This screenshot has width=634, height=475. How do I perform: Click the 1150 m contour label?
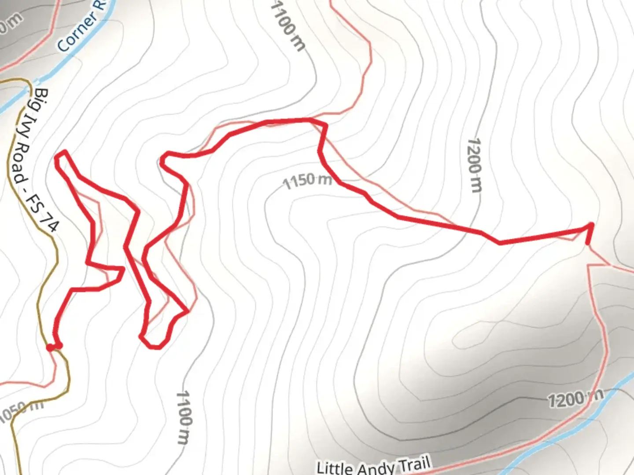click(307, 180)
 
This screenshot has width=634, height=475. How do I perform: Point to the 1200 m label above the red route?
click(475, 165)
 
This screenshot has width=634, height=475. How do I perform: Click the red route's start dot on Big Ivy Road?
click(50, 347)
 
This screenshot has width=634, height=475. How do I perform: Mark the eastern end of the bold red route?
click(588, 242)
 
